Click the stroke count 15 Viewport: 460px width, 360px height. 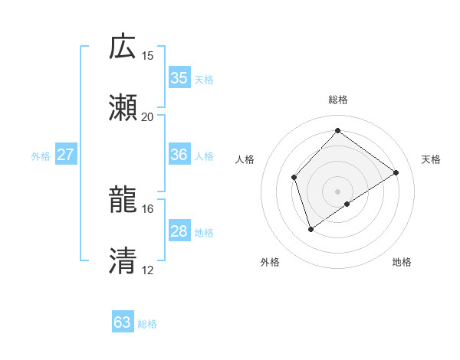coord(148,56)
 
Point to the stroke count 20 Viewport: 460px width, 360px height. coord(148,117)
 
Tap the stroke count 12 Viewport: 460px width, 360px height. coord(148,270)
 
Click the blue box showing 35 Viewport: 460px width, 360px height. coord(179,78)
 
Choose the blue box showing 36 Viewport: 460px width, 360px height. coord(179,155)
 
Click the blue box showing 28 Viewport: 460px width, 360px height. coord(179,231)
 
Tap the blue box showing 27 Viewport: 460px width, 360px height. coord(65,155)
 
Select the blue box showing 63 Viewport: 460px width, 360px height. coord(122,322)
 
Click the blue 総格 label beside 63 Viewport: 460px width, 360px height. coord(147,324)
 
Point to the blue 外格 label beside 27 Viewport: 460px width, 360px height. coord(41,156)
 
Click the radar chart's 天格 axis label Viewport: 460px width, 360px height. coord(431,159)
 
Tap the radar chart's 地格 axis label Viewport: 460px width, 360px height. coord(402,262)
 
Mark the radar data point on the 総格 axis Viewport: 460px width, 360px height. coord(337,130)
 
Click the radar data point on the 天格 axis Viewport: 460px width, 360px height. coord(396,172)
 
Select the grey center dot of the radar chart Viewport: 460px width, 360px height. coord(337,191)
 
